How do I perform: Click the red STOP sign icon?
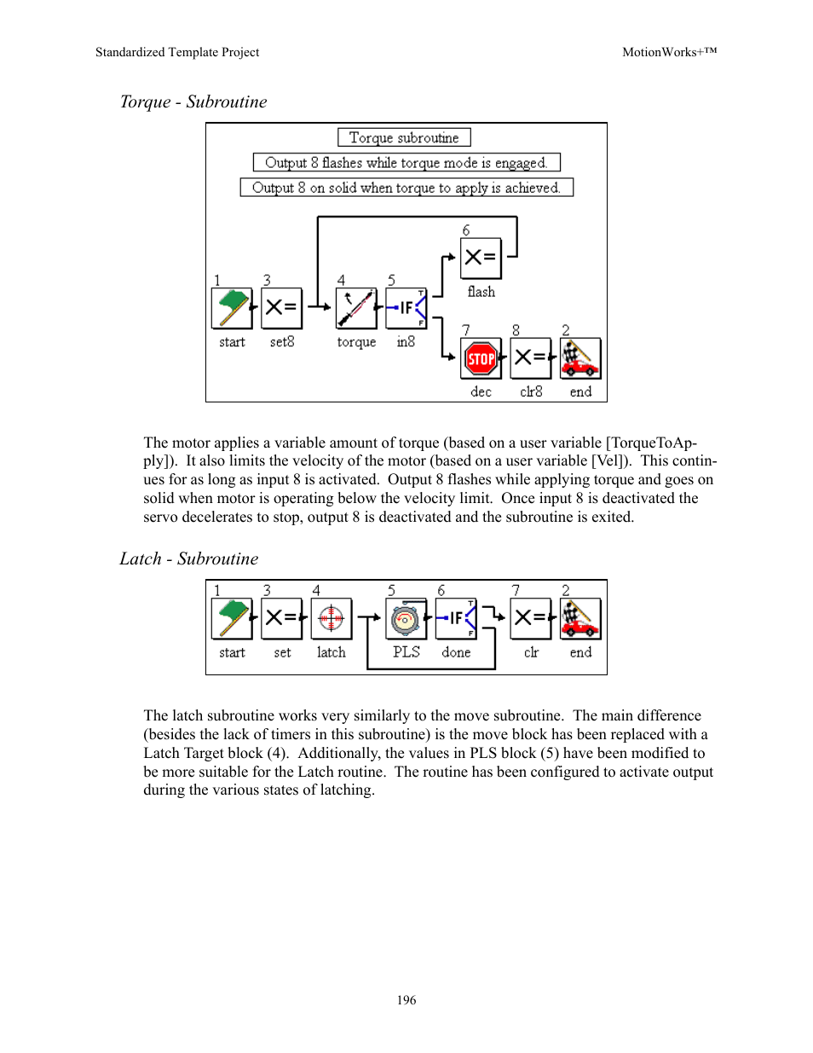click(x=481, y=359)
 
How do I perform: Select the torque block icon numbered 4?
click(x=356, y=308)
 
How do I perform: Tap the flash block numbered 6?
click(x=481, y=258)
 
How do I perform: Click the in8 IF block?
click(x=406, y=308)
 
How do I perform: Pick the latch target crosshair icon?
click(x=332, y=619)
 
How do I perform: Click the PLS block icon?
click(x=406, y=619)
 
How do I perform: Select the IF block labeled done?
click(x=456, y=619)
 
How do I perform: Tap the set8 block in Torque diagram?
click(x=281, y=308)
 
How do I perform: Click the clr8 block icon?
click(x=531, y=359)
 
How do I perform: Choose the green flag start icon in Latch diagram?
click(x=232, y=619)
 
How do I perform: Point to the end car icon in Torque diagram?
click(x=580, y=359)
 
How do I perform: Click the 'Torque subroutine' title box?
click(x=404, y=137)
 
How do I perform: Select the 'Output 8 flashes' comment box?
click(x=406, y=162)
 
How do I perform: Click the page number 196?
click(x=406, y=999)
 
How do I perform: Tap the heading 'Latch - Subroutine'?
click(x=189, y=558)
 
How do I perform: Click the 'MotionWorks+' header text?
click(x=669, y=52)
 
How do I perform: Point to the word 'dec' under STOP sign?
click(x=481, y=391)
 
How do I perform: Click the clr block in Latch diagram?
click(x=531, y=619)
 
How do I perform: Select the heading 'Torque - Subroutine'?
click(x=193, y=101)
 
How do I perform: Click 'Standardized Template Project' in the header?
click(x=177, y=52)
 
